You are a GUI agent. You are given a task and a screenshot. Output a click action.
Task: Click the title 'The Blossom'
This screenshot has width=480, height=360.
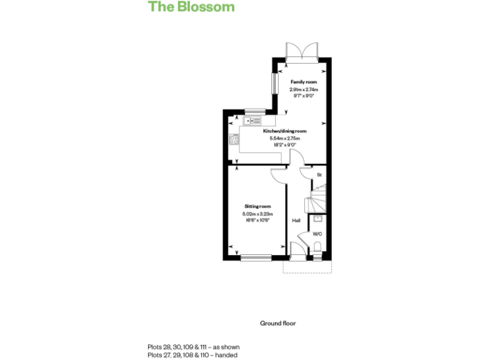click(191, 7)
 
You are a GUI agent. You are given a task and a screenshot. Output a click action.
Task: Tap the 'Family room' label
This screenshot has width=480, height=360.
click(303, 82)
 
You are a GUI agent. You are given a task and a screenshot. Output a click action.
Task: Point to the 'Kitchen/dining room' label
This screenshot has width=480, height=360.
click(284, 131)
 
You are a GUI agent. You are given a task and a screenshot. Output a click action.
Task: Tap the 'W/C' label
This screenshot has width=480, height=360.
click(317, 234)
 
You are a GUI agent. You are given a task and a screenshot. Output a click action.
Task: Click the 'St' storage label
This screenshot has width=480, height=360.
click(319, 175)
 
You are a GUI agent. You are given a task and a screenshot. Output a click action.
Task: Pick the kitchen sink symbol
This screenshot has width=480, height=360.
click(254, 121)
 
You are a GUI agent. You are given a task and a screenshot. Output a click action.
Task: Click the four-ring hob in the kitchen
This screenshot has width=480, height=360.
click(234, 139)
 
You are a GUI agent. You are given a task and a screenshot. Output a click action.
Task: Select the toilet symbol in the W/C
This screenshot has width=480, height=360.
click(317, 251)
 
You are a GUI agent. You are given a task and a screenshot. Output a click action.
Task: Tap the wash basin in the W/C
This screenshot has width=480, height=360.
click(317, 219)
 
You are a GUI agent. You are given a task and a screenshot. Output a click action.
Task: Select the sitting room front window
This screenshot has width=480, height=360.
click(256, 257)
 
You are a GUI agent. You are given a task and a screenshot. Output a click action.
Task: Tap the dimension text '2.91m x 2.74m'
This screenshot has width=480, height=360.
click(303, 90)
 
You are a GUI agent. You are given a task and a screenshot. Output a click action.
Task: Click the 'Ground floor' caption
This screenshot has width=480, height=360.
click(277, 323)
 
